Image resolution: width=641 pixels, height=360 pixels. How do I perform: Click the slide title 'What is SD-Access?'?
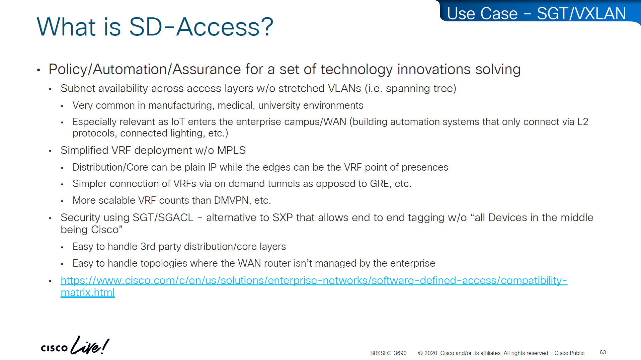coord(155,27)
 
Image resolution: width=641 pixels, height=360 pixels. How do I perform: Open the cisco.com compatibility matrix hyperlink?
coord(314,286)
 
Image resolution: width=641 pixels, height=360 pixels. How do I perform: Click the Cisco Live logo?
coord(75,345)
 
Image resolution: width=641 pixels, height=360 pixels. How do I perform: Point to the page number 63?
coord(603,352)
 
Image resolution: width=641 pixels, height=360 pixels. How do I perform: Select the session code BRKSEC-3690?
coord(388,353)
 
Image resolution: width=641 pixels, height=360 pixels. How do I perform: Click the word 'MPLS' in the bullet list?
coord(231,150)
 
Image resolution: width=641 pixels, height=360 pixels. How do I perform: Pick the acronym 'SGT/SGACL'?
coord(163,217)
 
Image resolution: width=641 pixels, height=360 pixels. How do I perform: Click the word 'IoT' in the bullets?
coord(178,122)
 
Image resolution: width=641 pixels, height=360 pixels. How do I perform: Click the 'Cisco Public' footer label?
coord(569,353)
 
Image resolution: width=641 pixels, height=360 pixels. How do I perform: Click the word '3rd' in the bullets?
coord(148,247)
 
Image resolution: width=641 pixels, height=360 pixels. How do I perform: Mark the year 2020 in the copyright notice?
coord(431,353)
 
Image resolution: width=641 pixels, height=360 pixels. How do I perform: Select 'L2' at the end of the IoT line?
coord(583,122)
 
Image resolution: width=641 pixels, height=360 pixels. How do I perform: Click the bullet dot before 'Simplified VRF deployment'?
coord(50,151)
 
